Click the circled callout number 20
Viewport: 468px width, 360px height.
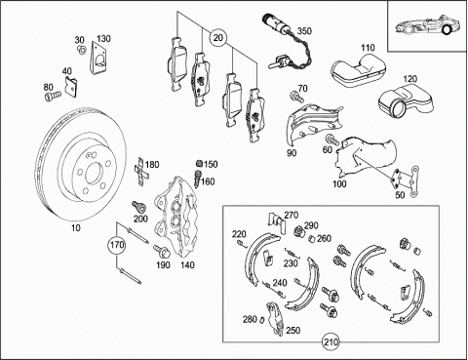[218, 38]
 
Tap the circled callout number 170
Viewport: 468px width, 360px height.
[116, 244]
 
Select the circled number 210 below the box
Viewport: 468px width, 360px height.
[331, 342]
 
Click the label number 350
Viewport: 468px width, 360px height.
[304, 31]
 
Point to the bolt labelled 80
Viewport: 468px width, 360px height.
[53, 96]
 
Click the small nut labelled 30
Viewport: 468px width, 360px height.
[82, 50]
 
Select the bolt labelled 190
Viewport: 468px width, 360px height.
[161, 251]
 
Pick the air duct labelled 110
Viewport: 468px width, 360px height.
[359, 71]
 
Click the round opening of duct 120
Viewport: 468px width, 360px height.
[399, 107]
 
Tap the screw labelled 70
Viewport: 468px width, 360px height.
[296, 97]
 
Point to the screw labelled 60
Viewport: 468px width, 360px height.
[331, 140]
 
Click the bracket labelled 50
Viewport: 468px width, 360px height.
[407, 181]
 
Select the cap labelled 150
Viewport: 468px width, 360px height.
[200, 164]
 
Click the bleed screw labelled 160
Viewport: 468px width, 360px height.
[197, 178]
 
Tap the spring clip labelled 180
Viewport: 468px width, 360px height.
[141, 172]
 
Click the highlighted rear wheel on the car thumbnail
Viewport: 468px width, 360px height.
[447, 30]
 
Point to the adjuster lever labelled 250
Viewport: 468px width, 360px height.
[275, 319]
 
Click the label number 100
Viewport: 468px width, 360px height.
[339, 184]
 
